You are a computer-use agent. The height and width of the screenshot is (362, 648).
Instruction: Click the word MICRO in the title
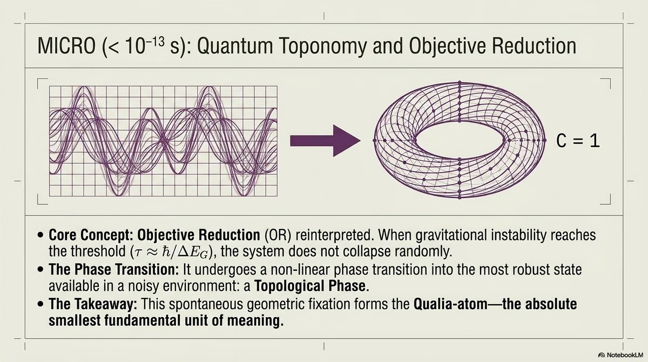point(66,46)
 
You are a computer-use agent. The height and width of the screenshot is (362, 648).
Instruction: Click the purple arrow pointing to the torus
point(326,140)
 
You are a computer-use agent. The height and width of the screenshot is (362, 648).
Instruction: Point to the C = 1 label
point(578,141)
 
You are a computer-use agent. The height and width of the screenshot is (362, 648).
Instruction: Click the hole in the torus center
point(460,140)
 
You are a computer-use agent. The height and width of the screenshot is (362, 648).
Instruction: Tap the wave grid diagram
point(163,141)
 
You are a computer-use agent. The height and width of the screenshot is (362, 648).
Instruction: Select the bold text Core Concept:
point(91,235)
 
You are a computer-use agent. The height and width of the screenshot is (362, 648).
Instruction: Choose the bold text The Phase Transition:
point(114,270)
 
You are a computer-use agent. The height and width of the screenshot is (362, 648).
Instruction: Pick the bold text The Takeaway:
point(93,304)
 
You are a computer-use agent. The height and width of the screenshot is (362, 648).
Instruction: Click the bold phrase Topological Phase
point(310,286)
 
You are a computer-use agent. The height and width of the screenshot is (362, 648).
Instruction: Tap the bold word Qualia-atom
point(450,304)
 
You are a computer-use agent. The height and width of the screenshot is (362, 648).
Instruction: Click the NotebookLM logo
point(621,355)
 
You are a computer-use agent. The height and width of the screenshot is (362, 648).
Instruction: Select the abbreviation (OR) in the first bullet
point(278,235)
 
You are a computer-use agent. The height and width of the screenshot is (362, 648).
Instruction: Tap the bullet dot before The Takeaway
point(40,304)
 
